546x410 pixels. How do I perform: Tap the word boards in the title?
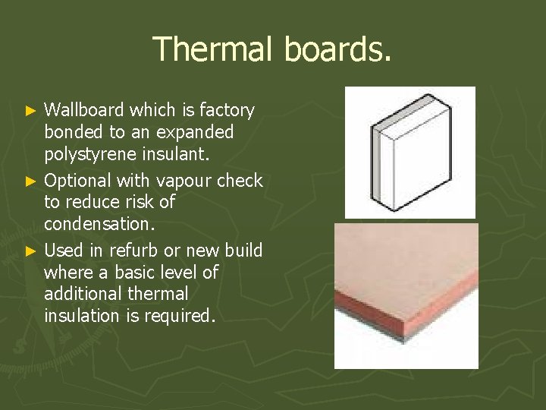(x=337, y=49)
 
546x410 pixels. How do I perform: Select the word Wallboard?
(x=86, y=111)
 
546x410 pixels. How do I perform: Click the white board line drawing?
(x=409, y=152)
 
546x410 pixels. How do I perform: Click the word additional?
(x=82, y=293)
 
